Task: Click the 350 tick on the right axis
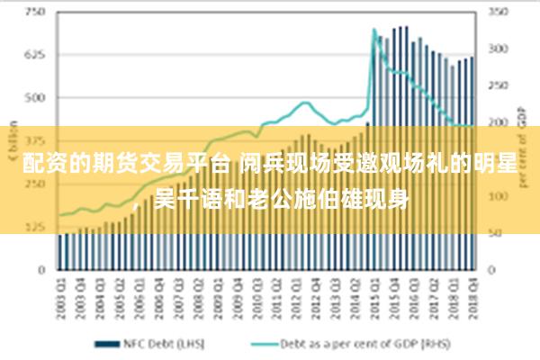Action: (x=498, y=13)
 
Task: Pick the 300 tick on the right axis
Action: (x=498, y=49)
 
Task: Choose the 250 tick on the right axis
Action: (x=498, y=85)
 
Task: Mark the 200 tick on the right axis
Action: (x=498, y=122)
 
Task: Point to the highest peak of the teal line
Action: (x=373, y=30)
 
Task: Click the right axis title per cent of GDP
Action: (x=522, y=144)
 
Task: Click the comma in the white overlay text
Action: (x=138, y=206)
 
